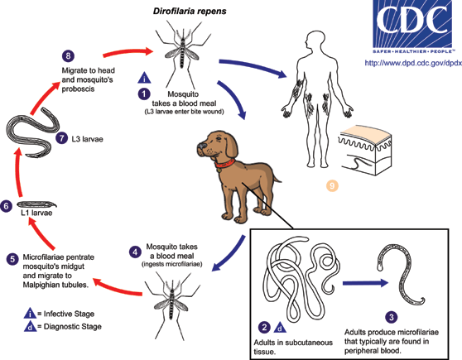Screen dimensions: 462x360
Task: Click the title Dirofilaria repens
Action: pos(190,12)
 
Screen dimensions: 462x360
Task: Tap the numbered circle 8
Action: pos(68,55)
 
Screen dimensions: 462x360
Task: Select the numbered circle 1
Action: pos(144,94)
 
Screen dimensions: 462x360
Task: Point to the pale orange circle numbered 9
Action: pos(332,185)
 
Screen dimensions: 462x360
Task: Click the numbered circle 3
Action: pos(392,317)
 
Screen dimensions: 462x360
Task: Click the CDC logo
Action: pos(412,26)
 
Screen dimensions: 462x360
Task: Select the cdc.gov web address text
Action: pos(413,63)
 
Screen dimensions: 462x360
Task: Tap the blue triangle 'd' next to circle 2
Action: pos(280,327)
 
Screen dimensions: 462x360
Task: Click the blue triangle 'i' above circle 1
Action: pos(144,78)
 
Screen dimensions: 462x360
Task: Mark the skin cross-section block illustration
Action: pos(366,151)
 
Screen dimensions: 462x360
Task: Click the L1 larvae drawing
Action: pos(36,204)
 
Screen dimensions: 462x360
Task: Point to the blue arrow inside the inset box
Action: pos(365,283)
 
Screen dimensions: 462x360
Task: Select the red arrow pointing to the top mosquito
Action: pos(128,52)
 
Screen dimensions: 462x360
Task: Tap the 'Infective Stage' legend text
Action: pos(69,314)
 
